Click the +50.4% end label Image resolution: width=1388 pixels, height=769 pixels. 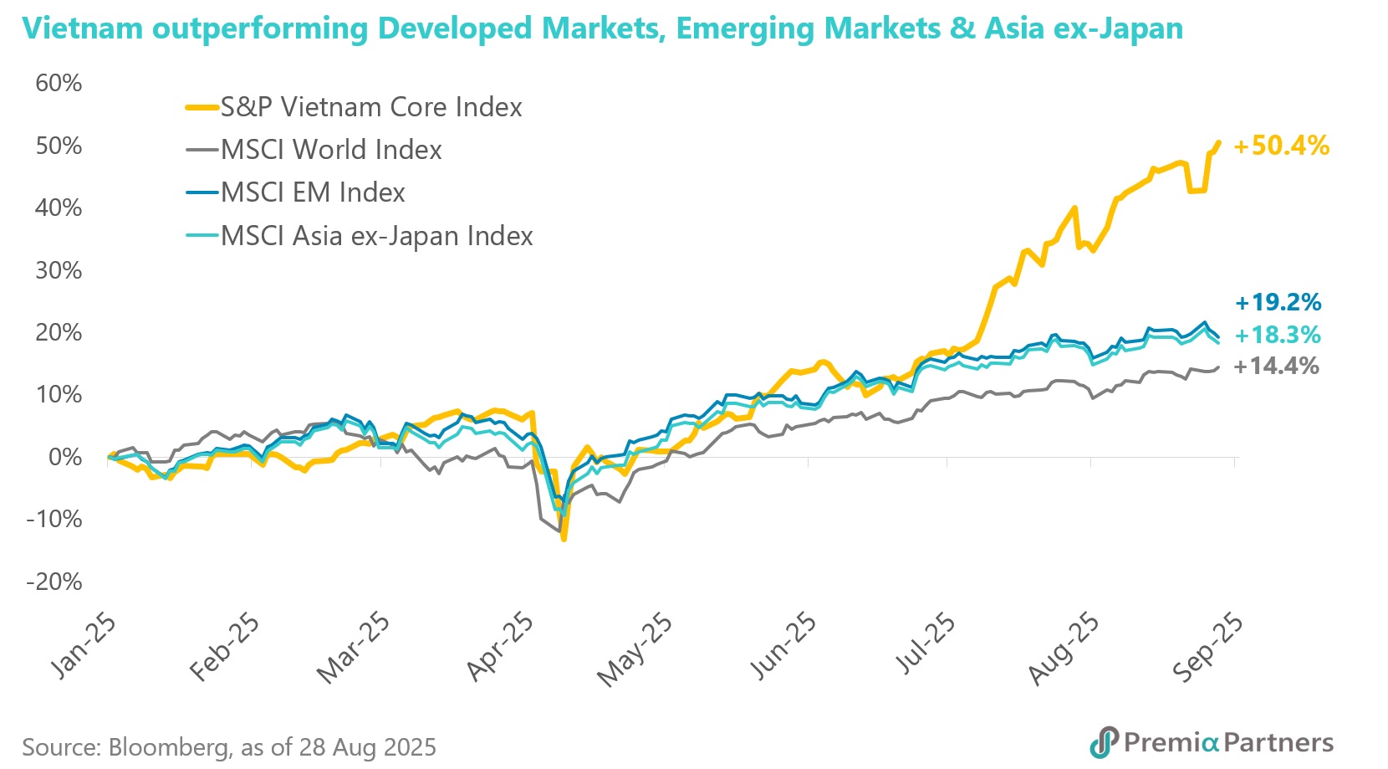pyautogui.click(x=1281, y=146)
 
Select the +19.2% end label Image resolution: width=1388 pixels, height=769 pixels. pyautogui.click(x=1278, y=302)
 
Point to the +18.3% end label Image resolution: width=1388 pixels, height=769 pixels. pyautogui.click(x=1278, y=336)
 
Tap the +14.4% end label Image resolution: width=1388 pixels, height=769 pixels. pyautogui.click(x=1277, y=367)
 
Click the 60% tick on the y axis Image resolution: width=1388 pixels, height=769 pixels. pyautogui.click(x=59, y=84)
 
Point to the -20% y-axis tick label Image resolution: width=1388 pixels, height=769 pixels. pyautogui.click(x=54, y=582)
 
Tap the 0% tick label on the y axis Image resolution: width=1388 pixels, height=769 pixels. pyautogui.click(x=64, y=458)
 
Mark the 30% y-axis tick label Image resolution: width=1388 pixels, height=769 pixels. pyautogui.click(x=59, y=271)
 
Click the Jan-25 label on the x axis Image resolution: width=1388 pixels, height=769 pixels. pyautogui.click(x=84, y=646)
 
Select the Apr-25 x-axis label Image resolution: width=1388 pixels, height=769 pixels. pyautogui.click(x=499, y=646)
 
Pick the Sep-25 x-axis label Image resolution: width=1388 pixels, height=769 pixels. pyautogui.click(x=1207, y=646)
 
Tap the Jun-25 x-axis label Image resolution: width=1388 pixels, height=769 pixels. pyautogui.click(x=783, y=646)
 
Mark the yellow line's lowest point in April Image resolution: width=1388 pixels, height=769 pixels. pyautogui.click(x=564, y=539)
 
